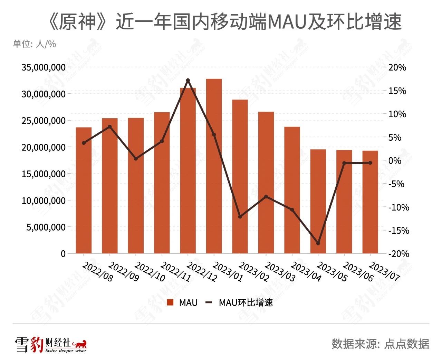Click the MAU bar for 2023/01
point(214,166)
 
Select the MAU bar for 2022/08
point(84,190)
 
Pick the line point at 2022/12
point(188,80)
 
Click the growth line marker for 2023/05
point(318,243)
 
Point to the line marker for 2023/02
point(240,217)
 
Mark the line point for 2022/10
point(136,159)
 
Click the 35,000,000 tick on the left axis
point(44,67)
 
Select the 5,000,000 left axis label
point(46,227)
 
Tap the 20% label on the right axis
point(397,67)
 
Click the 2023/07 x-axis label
point(384,271)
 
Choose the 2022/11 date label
point(176,271)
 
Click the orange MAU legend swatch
point(170,303)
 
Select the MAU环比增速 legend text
point(246,303)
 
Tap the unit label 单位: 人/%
point(35,44)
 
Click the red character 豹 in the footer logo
point(36,345)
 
